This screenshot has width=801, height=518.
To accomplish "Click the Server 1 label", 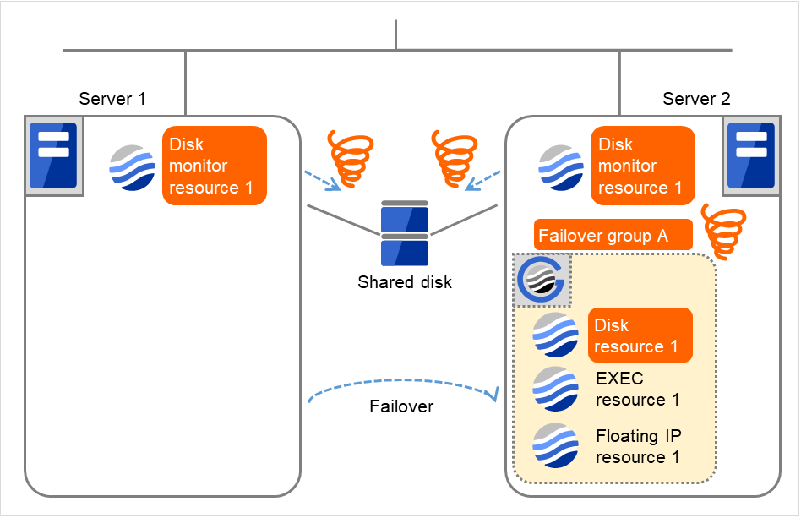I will (x=112, y=99).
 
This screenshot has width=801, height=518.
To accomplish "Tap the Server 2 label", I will (x=696, y=99).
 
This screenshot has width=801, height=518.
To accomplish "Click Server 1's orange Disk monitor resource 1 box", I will (x=215, y=166).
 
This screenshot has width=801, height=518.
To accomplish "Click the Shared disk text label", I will (x=405, y=282).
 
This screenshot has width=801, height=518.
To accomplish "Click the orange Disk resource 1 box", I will (x=640, y=335).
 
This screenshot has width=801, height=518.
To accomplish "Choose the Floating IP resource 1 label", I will (x=638, y=446).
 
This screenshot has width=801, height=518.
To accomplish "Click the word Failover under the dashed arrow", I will (x=401, y=406).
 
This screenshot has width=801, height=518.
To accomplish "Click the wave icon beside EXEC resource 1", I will (x=555, y=389).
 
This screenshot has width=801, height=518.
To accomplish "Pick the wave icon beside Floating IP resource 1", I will (x=555, y=445).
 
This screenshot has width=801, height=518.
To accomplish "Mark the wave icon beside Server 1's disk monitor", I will (x=133, y=166).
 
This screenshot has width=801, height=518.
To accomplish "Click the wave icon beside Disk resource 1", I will (x=555, y=335).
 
